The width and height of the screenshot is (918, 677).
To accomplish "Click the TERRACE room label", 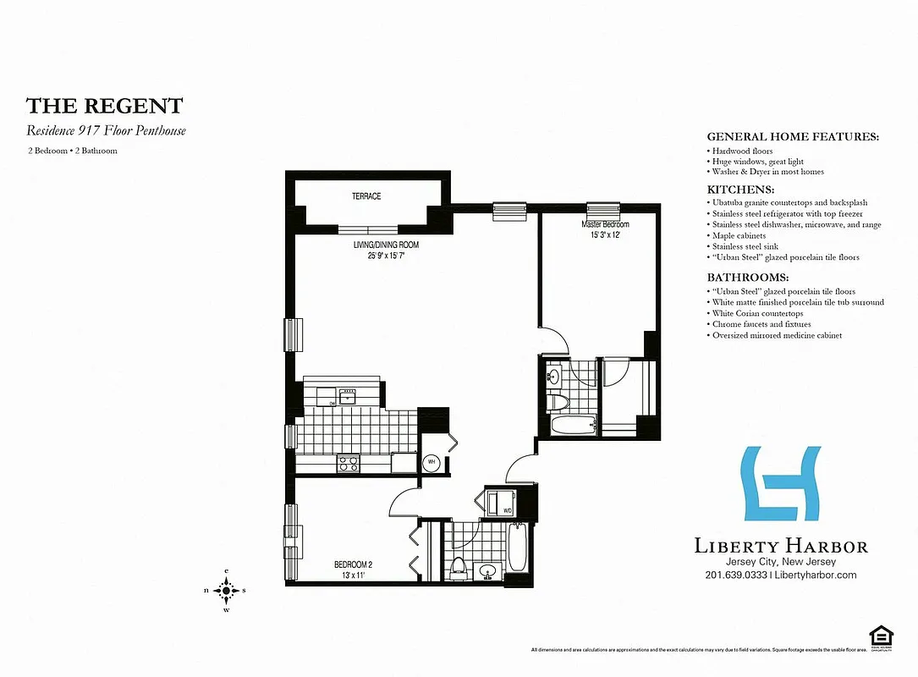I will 366,196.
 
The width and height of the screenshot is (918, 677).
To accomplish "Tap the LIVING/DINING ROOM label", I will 387,245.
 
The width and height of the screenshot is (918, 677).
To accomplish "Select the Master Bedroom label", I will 604,224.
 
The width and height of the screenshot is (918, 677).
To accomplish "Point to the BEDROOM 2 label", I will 353,564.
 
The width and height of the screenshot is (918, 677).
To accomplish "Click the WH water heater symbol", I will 432,462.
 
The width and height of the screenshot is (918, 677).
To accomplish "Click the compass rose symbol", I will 226,590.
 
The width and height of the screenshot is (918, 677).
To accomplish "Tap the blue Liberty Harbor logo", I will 780,483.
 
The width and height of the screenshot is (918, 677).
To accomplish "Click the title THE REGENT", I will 104,106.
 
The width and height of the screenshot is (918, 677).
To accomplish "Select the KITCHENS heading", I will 740,190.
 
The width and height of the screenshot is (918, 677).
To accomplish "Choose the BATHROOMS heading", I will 747,278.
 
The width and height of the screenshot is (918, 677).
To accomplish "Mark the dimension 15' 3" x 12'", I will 604,234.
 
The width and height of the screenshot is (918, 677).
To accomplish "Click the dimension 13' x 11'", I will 353,575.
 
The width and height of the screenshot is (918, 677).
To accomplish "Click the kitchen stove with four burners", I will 349,462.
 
